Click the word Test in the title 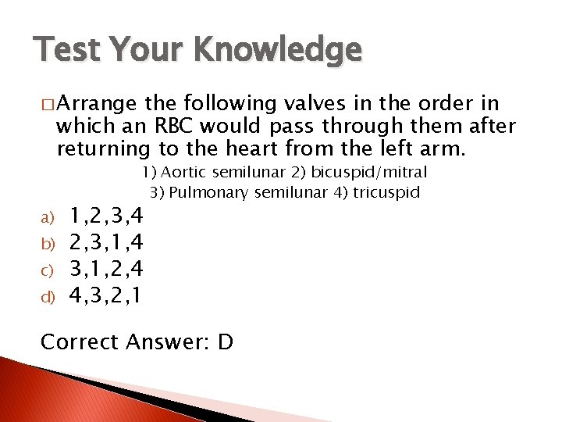click(x=67, y=51)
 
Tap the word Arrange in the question click(x=97, y=104)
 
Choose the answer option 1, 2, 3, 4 click(x=106, y=214)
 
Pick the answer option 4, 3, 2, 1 click(x=106, y=296)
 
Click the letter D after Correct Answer click(x=225, y=342)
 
